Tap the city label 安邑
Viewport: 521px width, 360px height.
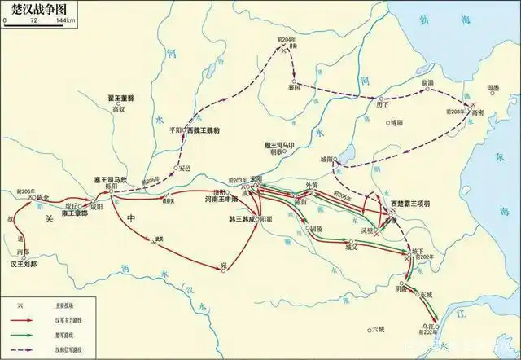[184, 168]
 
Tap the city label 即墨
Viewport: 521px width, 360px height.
[493, 88]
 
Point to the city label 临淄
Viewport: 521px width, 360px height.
[427, 83]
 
